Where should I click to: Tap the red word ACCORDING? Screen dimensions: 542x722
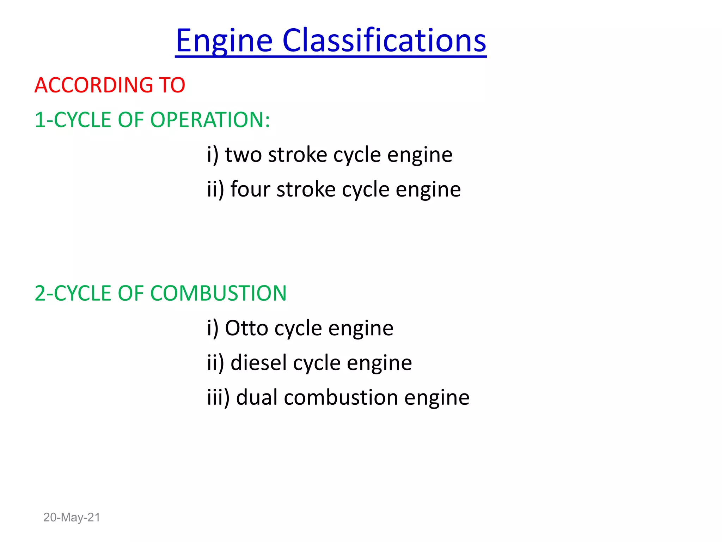[94, 85]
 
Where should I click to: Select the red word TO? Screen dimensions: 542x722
[172, 85]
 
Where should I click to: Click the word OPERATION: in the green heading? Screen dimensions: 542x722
[210, 120]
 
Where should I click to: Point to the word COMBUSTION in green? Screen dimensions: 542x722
[218, 293]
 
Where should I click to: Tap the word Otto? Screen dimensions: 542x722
[246, 328]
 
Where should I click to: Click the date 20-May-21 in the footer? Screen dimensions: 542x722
[72, 517]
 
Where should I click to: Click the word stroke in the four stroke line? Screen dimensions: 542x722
[306, 189]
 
